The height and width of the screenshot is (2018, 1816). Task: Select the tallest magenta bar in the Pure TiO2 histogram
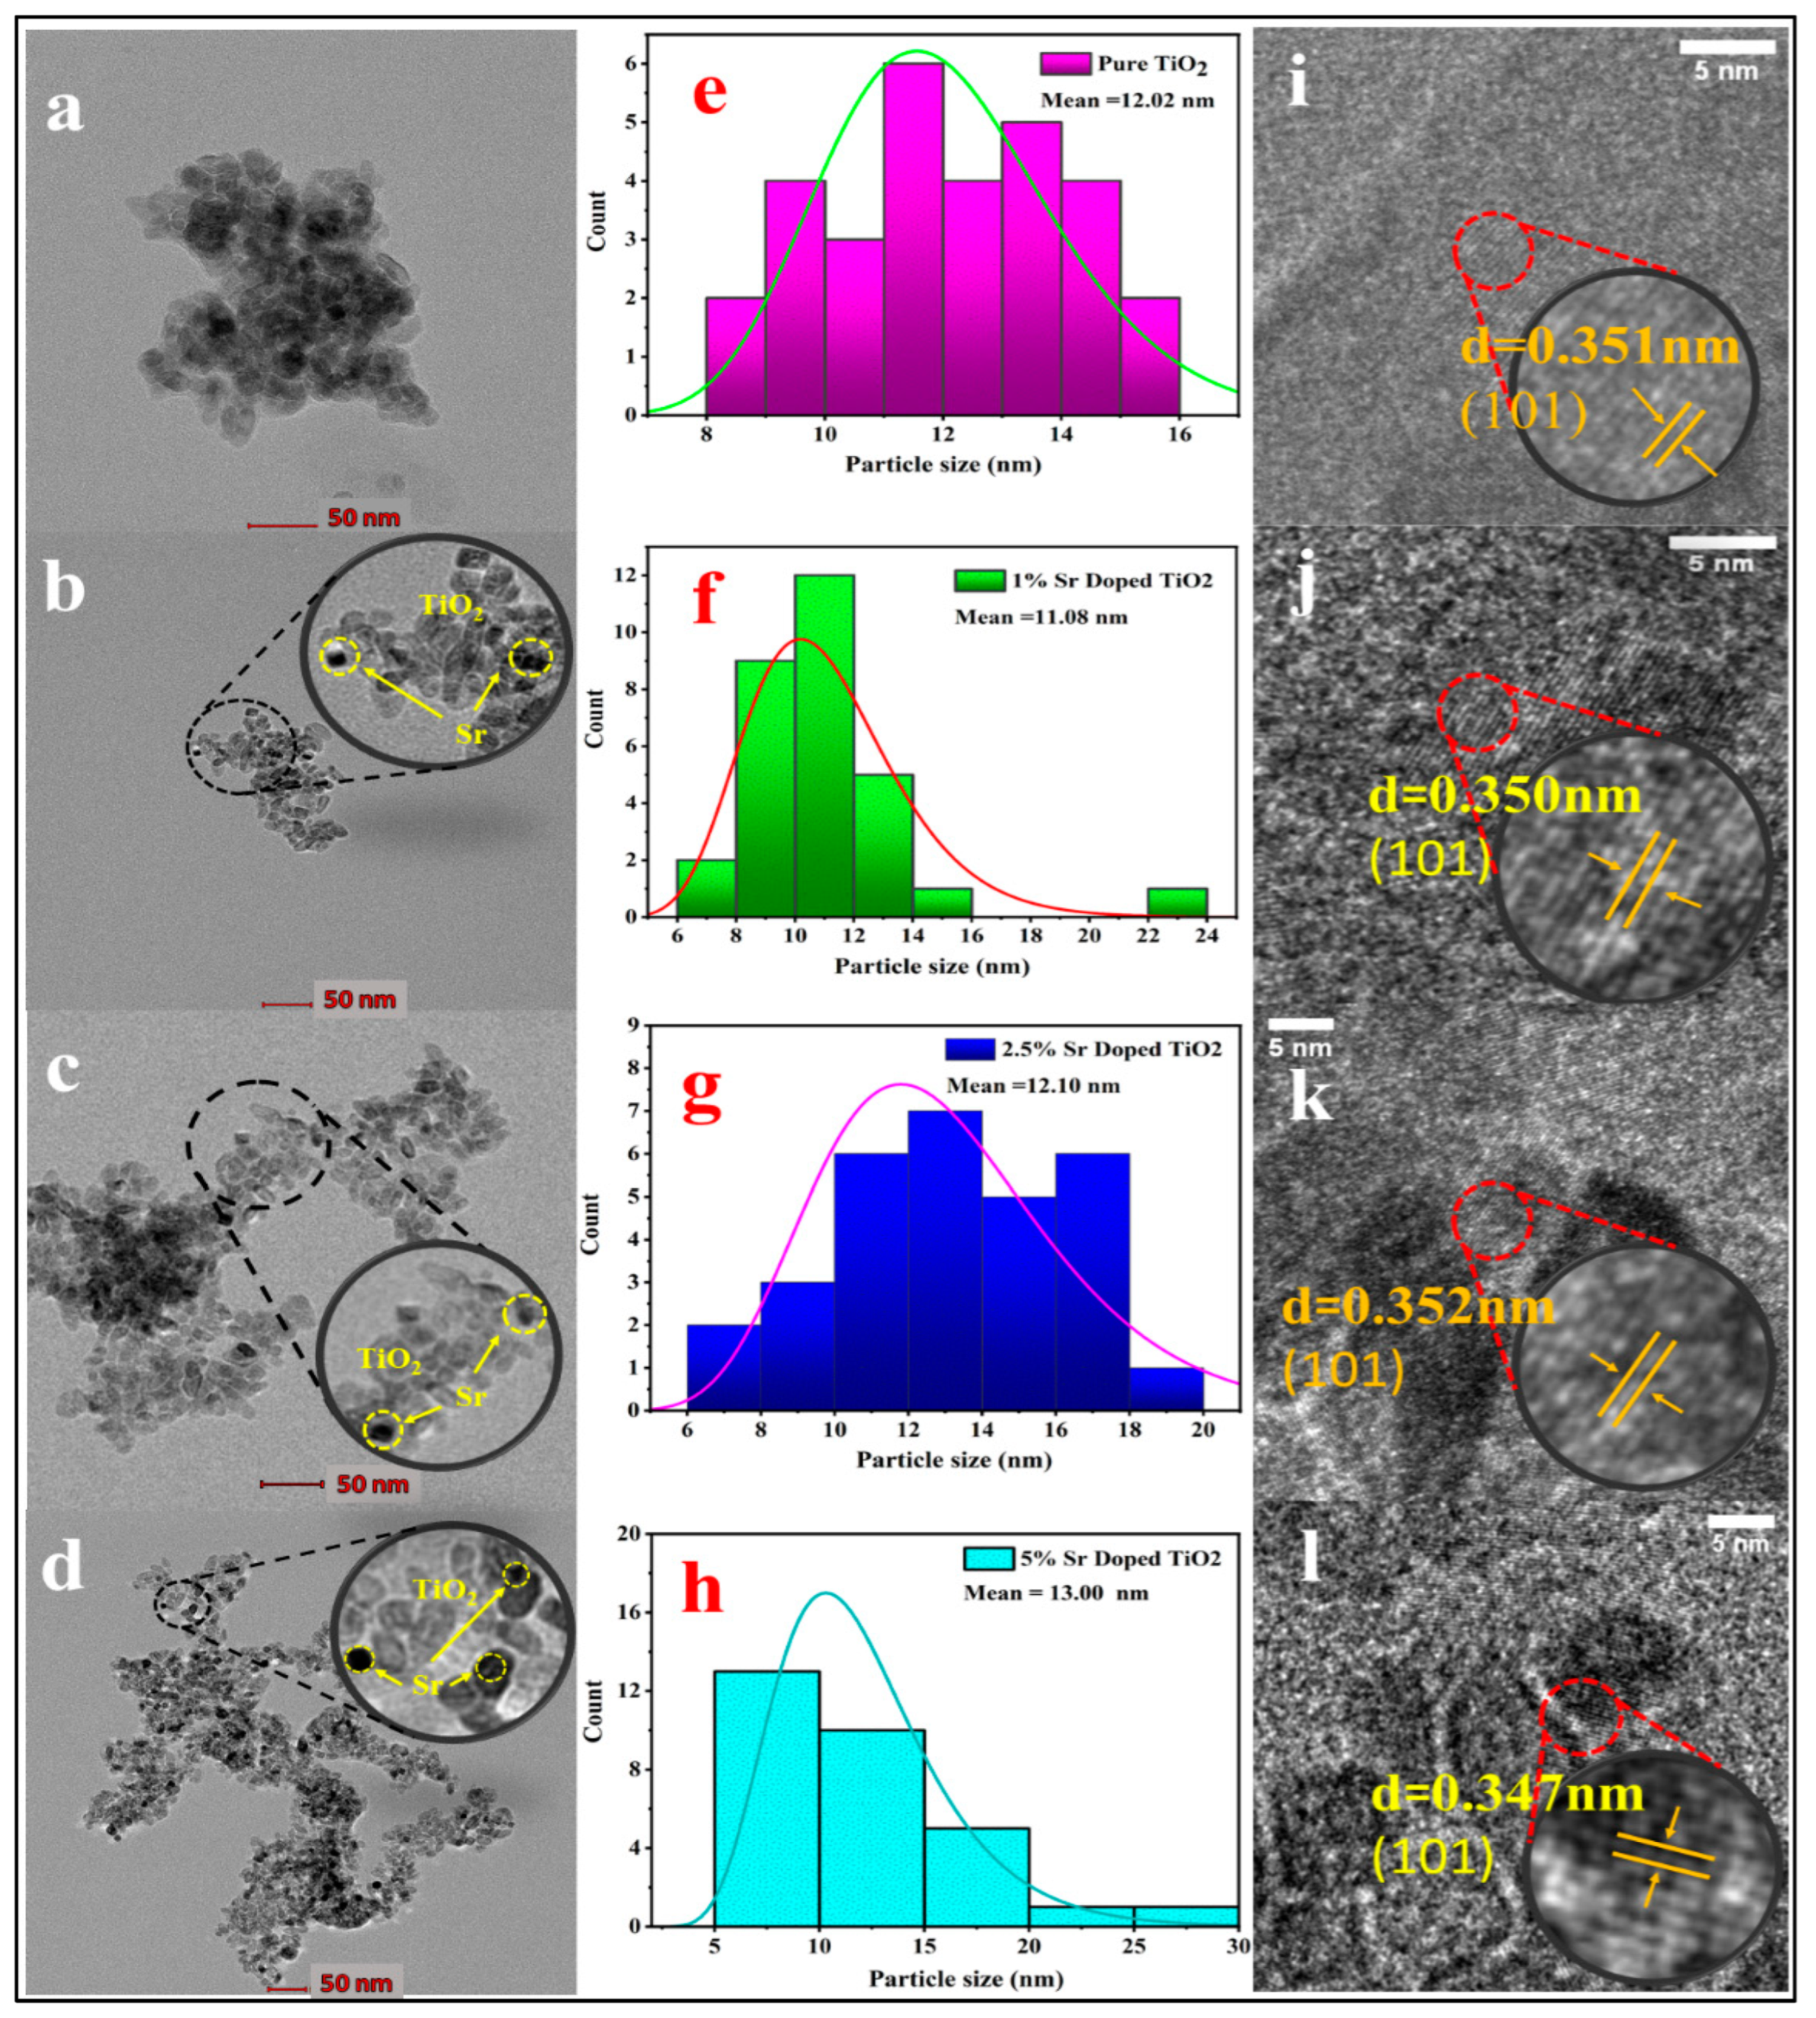click(913, 239)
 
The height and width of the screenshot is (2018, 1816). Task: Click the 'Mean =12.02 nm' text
click(1127, 100)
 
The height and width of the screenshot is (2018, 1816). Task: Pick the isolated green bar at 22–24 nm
click(1178, 902)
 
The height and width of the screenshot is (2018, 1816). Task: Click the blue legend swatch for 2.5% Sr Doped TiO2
click(970, 1049)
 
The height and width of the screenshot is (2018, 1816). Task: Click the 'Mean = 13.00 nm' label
click(1056, 1593)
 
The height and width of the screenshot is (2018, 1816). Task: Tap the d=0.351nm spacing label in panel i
click(1600, 347)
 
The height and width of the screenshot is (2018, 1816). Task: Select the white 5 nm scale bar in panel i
click(1726, 47)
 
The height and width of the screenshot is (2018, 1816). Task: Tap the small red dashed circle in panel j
click(1478, 712)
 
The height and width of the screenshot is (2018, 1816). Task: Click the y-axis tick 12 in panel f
click(625, 576)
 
